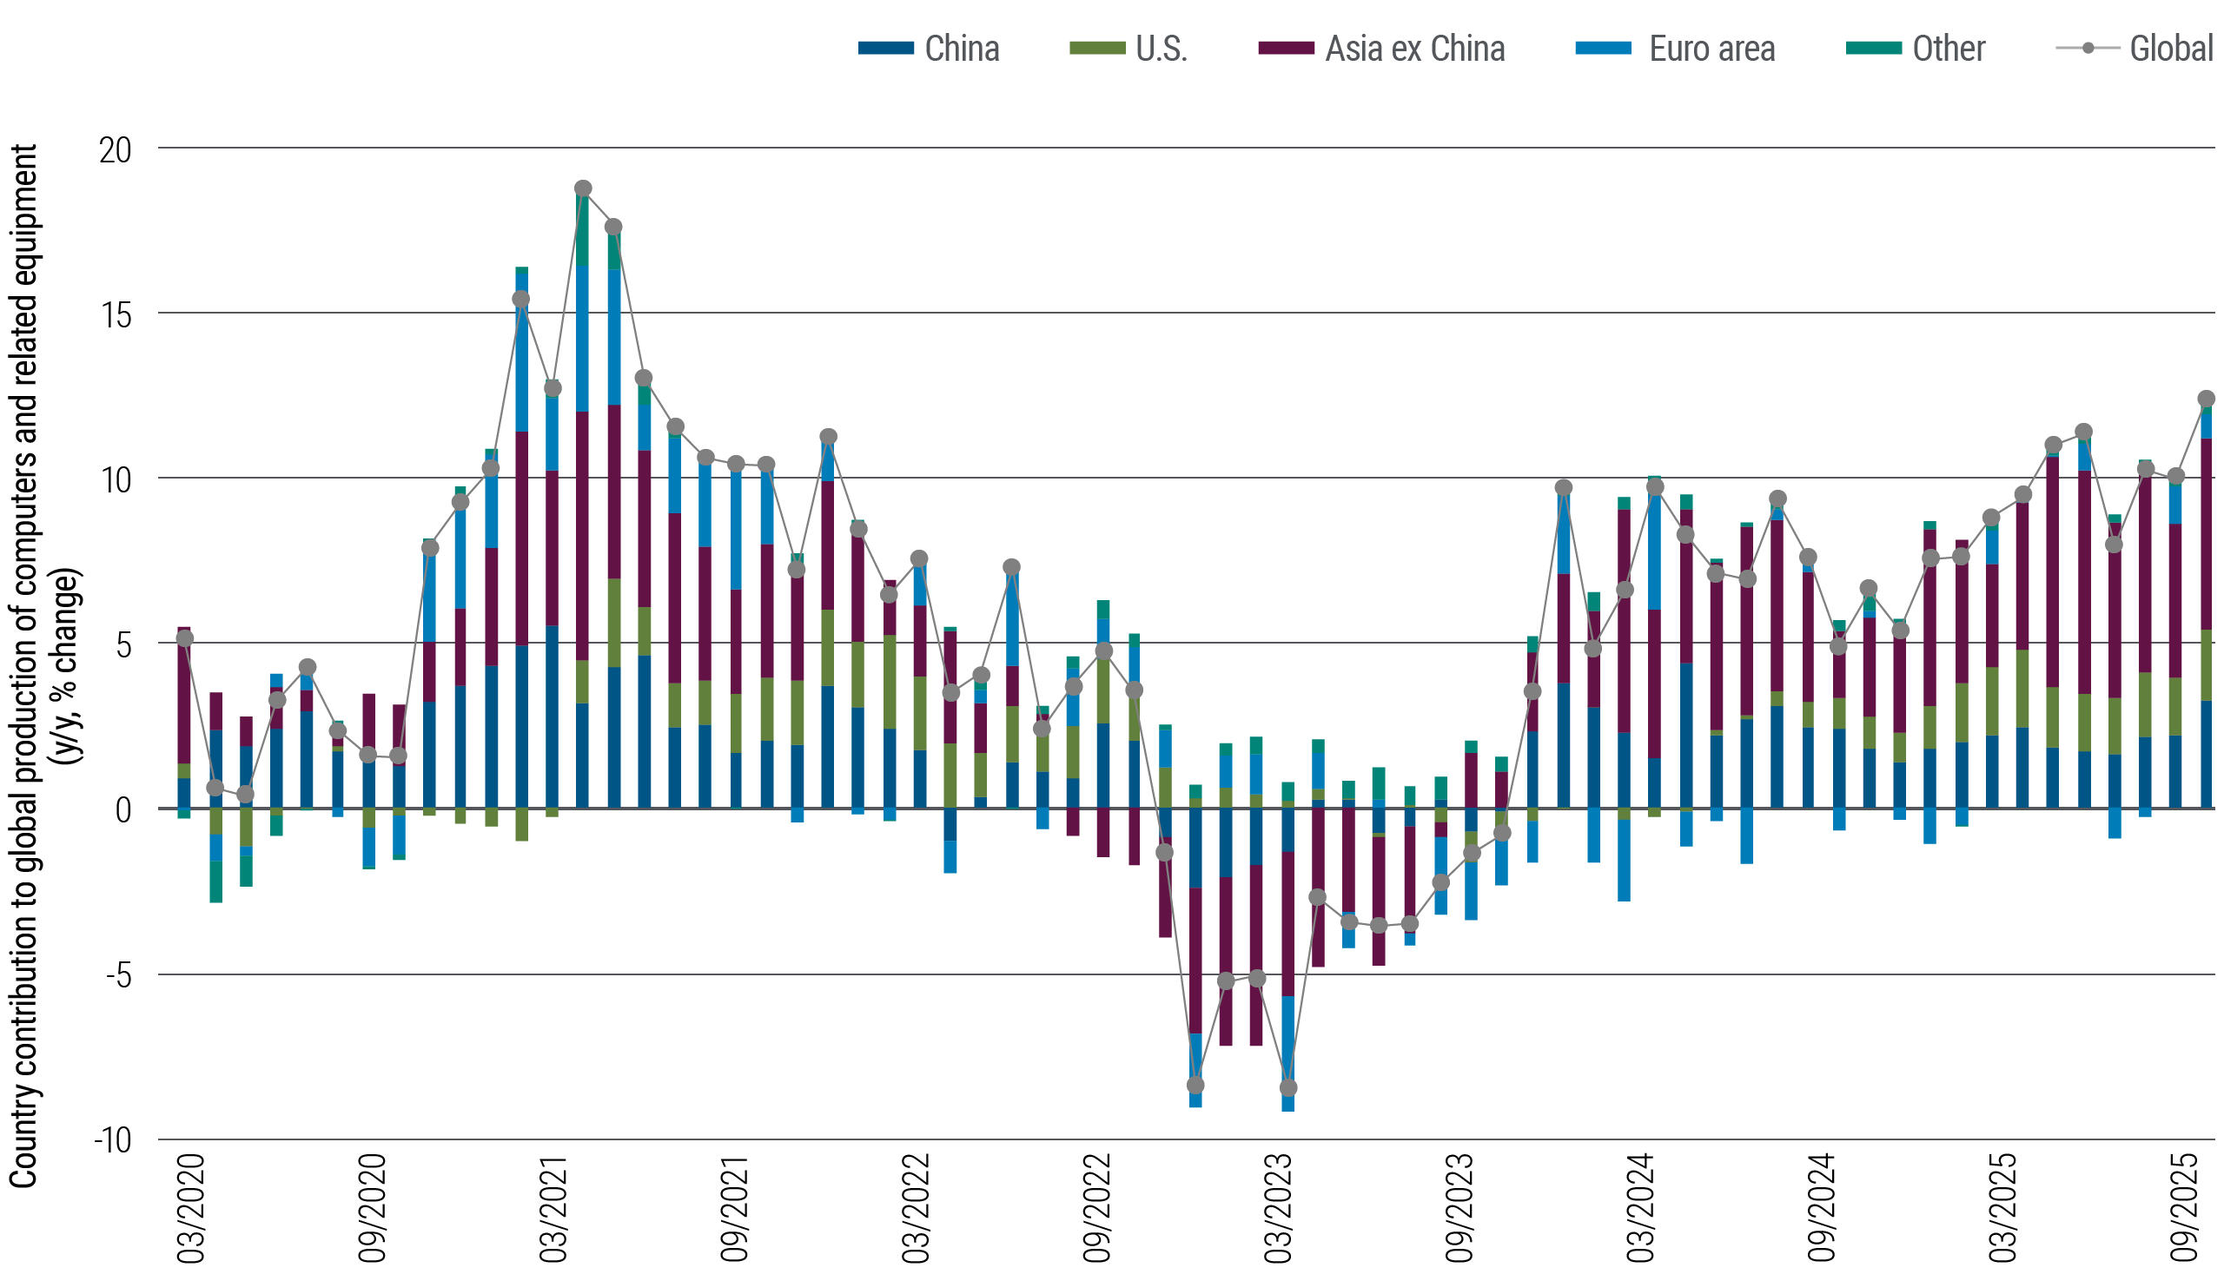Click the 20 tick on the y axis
tap(116, 150)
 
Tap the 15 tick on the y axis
tap(116, 315)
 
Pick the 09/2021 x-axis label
tap(735, 1207)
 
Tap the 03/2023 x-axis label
tap(1278, 1207)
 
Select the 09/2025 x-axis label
tap(2185, 1207)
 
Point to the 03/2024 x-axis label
tap(1641, 1207)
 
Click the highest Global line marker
tap(583, 189)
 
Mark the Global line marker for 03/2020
tap(185, 638)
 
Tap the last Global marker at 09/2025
tap(2206, 399)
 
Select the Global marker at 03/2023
tap(1288, 1088)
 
